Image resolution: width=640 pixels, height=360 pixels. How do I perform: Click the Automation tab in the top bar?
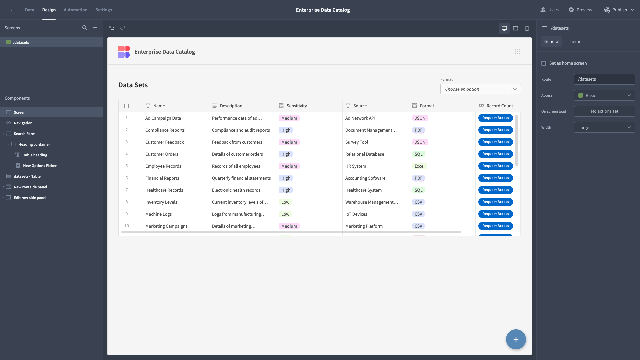75,10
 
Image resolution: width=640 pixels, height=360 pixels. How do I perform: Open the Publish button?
619,10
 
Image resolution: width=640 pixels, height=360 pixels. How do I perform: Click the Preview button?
580,10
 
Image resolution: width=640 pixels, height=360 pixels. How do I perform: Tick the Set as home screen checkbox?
544,63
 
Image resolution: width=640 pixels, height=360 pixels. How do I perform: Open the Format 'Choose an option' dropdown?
480,89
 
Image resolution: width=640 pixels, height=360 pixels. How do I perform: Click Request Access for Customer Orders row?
495,154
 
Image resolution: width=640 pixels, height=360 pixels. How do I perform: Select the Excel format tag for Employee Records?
419,166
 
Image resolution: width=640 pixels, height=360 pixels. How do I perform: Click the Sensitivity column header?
296,106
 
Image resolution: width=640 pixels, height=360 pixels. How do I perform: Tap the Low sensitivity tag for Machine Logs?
285,214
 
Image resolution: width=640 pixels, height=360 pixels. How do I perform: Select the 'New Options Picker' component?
40,166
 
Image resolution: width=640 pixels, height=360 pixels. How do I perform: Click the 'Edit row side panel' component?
30,198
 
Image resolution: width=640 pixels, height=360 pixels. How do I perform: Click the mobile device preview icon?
527,28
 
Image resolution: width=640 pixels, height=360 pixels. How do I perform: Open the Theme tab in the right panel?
574,42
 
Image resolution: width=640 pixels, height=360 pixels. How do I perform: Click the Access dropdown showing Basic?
604,95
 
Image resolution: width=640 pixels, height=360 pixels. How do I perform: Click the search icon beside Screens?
85,28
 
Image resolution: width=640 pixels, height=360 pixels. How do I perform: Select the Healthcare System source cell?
363,190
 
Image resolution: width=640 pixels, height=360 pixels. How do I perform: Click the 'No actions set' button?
604,111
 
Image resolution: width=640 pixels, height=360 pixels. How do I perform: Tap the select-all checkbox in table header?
127,106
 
